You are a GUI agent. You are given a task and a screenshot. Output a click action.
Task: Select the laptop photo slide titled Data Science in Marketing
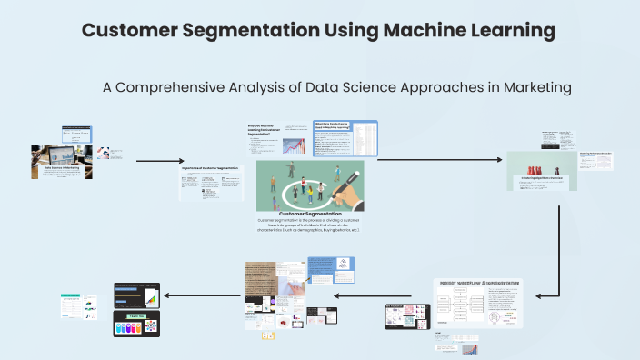(x=60, y=157)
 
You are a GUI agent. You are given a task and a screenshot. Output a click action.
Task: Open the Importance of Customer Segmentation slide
(x=211, y=183)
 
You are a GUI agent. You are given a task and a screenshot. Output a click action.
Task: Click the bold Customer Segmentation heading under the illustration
(x=310, y=214)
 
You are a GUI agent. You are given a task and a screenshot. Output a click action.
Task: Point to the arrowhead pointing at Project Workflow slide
(x=539, y=295)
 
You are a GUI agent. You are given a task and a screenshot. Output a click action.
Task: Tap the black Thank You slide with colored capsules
(x=143, y=324)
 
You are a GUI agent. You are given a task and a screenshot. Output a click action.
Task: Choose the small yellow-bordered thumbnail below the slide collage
(x=268, y=335)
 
